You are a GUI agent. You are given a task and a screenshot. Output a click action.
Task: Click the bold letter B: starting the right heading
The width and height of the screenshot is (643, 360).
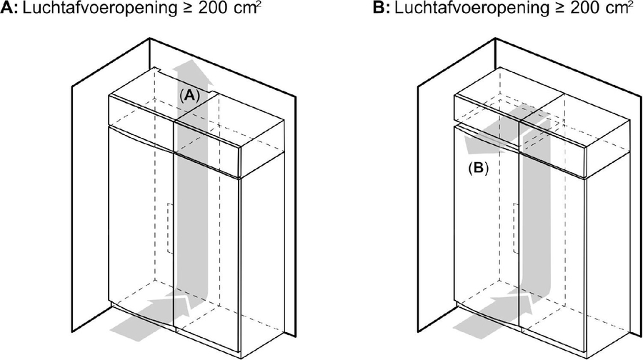point(382,8)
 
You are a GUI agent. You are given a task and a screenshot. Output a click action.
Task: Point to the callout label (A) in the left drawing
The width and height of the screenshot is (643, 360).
point(189,96)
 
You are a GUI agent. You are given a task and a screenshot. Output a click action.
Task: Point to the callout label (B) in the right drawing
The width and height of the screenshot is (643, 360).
point(479,168)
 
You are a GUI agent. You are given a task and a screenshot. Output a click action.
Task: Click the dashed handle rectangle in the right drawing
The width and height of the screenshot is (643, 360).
point(516,228)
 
